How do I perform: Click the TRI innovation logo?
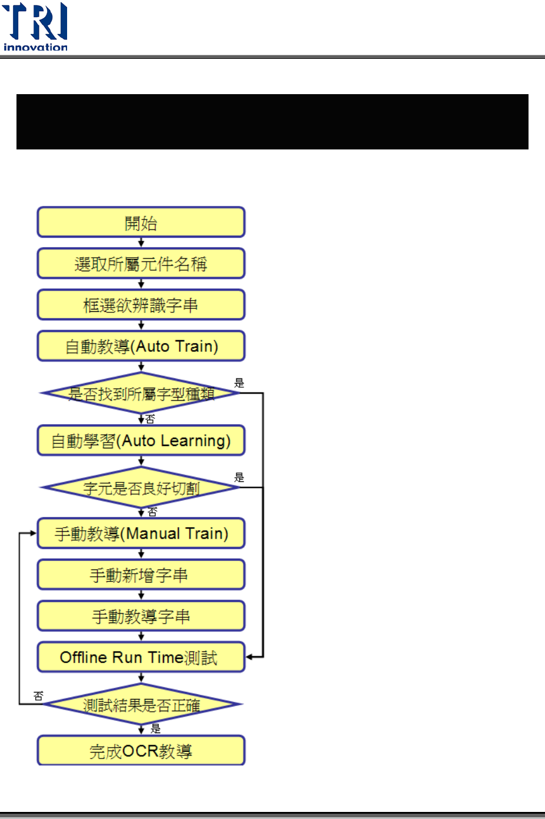(x=35, y=27)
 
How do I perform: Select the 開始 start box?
(x=141, y=222)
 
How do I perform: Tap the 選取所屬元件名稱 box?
(x=141, y=264)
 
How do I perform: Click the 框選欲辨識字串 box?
(x=141, y=305)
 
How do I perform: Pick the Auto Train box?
(x=141, y=346)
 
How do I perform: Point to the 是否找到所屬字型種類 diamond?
(x=141, y=393)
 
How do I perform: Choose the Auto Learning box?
(x=141, y=441)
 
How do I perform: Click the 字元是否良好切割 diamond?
(x=141, y=487)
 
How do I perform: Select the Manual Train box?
(x=141, y=533)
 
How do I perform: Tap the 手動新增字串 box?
(x=141, y=575)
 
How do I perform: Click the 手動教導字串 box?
(x=141, y=616)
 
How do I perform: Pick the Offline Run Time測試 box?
(x=141, y=657)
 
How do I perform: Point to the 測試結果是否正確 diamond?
(x=141, y=704)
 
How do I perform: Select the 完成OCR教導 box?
(x=141, y=751)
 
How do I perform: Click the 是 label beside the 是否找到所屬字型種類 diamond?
(x=239, y=383)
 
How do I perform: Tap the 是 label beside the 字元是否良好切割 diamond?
(x=239, y=477)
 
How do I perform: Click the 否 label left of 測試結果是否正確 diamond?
(x=38, y=696)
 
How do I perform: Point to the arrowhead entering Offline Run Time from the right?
(x=250, y=657)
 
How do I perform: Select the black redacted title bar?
(x=272, y=122)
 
